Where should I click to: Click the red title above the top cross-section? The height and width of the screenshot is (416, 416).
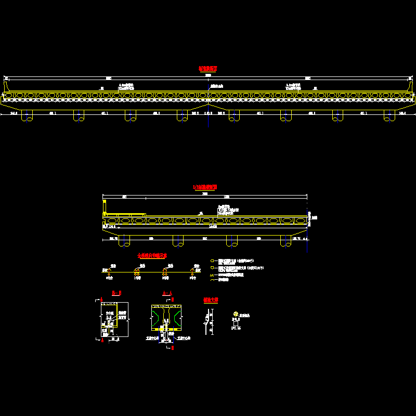click(x=207, y=68)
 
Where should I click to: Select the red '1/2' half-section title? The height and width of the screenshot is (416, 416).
click(x=205, y=187)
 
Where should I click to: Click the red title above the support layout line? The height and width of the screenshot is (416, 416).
click(x=152, y=255)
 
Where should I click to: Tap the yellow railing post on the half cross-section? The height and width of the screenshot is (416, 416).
click(x=105, y=207)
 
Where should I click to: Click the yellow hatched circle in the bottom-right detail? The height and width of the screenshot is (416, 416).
click(x=236, y=314)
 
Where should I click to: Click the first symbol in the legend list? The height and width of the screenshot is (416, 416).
click(x=212, y=260)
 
